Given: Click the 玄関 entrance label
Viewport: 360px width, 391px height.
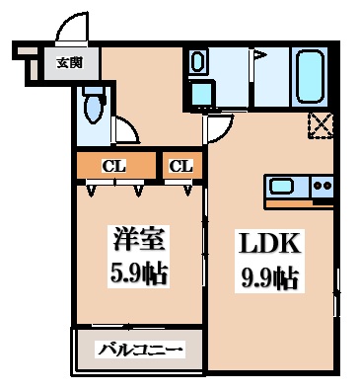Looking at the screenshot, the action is [69, 62].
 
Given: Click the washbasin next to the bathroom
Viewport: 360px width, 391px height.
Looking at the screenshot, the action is [198, 63].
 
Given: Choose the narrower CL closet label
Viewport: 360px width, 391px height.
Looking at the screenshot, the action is [180, 165].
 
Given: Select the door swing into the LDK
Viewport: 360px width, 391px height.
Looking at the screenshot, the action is [217, 126].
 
